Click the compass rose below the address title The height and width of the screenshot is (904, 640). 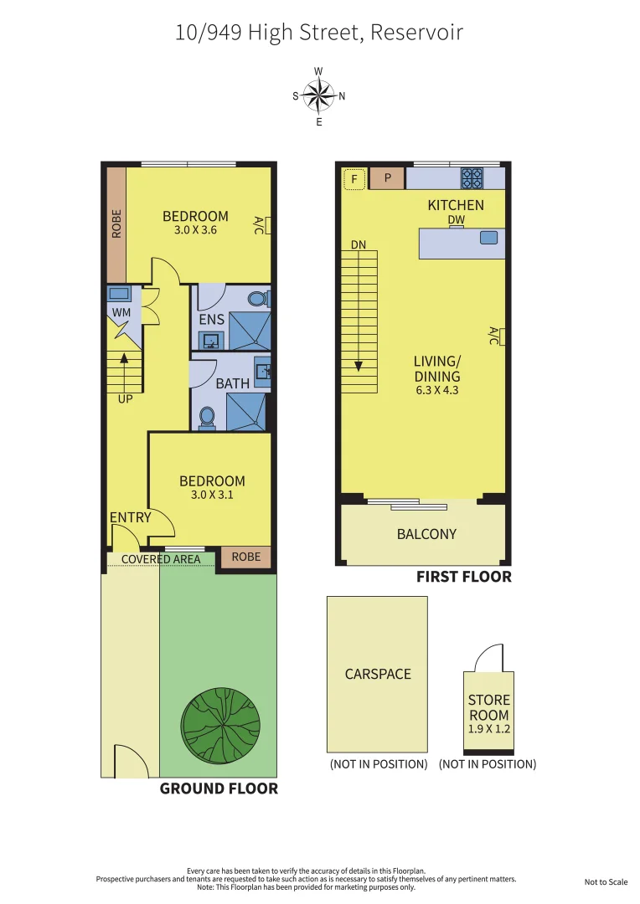pyautogui.click(x=318, y=95)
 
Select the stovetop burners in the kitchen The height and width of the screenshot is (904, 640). pyautogui.click(x=472, y=178)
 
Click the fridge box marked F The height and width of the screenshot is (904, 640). pyautogui.click(x=354, y=178)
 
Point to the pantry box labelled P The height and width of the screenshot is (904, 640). pyautogui.click(x=388, y=178)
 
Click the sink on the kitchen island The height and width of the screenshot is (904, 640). pyautogui.click(x=488, y=239)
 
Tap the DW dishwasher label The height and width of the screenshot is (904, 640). pyautogui.click(x=456, y=220)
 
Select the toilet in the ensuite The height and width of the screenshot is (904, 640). pyautogui.click(x=258, y=299)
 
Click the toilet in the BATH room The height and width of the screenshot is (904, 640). pyautogui.click(x=207, y=417)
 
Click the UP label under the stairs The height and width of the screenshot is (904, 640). pyautogui.click(x=125, y=399)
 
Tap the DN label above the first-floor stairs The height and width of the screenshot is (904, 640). pyautogui.click(x=359, y=245)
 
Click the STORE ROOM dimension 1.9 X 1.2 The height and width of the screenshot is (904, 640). pyautogui.click(x=489, y=729)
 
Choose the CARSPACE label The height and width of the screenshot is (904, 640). pyautogui.click(x=378, y=674)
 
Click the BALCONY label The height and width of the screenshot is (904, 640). pyautogui.click(x=426, y=534)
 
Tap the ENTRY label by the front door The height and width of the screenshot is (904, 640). pyautogui.click(x=131, y=518)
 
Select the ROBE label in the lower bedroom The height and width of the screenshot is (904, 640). pyautogui.click(x=245, y=557)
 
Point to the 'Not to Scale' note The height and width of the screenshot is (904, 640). pyautogui.click(x=606, y=882)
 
